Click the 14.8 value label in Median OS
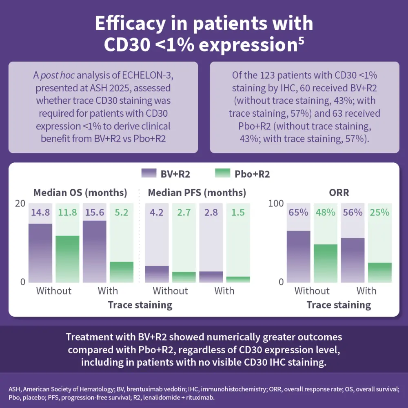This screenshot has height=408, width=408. coord(40,213)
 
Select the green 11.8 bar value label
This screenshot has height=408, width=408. coord(67,213)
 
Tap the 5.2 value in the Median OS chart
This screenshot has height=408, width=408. coord(122,213)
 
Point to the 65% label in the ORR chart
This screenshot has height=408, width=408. coord(298,213)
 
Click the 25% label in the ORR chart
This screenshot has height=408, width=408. coord(379,213)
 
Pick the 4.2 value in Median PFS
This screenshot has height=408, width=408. coord(157,213)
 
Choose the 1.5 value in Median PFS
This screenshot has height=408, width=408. coord(238,213)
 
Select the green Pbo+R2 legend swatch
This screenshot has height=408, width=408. coord(225,174)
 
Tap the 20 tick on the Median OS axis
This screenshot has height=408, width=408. coord(20,204)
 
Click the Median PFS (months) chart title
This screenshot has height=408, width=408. coord(197,192)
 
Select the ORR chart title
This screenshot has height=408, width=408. coord(339,192)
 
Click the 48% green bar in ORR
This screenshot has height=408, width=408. coord(326,263)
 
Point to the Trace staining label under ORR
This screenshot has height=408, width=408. coord(339,305)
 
